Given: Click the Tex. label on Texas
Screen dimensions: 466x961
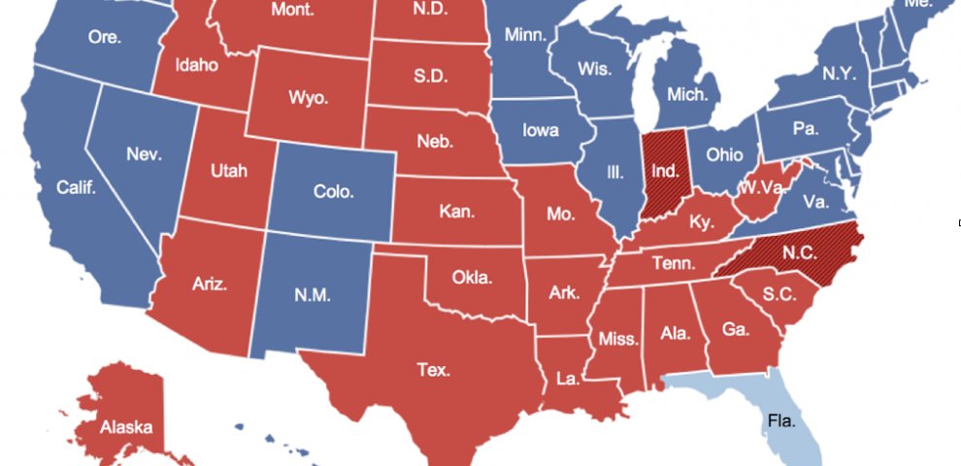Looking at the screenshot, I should (x=434, y=369).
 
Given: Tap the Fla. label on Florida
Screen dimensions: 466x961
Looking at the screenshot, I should (x=779, y=421).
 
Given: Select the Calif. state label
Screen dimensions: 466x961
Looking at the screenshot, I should (x=77, y=187).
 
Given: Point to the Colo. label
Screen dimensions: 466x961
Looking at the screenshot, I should (x=333, y=191).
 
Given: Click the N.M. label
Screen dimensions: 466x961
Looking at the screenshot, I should (x=314, y=294).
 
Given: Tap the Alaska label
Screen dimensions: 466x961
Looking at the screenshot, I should (x=125, y=426).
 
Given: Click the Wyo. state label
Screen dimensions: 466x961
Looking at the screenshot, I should (x=308, y=98).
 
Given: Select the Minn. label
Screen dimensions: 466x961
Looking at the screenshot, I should (x=525, y=36).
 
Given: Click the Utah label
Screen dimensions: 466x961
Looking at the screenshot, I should (x=229, y=171).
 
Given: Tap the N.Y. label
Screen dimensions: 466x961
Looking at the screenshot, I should (x=839, y=74).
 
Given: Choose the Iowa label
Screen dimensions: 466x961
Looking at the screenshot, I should (x=540, y=130).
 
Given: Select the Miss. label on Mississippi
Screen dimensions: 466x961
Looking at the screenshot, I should (x=618, y=339).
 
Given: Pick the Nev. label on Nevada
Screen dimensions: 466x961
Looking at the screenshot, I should (x=142, y=154).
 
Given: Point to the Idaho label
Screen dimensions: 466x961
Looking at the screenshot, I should (x=197, y=66).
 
